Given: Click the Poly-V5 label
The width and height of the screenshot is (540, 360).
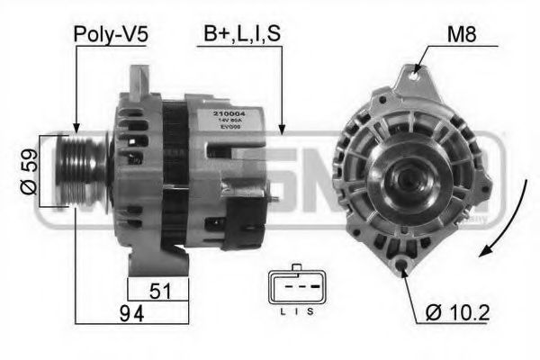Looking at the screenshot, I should [112, 35].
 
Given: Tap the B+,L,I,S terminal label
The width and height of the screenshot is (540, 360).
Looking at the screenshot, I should [241, 35].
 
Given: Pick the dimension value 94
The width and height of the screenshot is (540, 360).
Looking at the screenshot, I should [131, 312].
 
